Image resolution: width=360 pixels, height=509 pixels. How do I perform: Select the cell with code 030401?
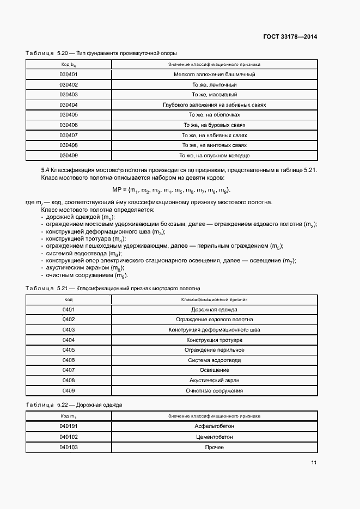click(x=69, y=74)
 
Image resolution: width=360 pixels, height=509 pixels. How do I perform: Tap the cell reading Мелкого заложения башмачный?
click(x=214, y=74)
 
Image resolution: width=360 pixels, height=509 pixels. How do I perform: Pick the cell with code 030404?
click(x=69, y=105)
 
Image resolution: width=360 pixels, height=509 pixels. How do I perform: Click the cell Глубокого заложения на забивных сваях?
click(x=214, y=105)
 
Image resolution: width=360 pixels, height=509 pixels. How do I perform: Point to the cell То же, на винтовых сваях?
click(x=214, y=145)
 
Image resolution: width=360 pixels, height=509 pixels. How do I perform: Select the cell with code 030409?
click(x=69, y=155)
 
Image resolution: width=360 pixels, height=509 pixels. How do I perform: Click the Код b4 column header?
click(x=69, y=64)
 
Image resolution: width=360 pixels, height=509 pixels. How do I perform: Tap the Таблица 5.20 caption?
click(x=101, y=53)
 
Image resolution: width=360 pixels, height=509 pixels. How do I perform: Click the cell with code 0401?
click(x=69, y=309)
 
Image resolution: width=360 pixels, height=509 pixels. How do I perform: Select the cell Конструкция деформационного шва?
click(x=214, y=330)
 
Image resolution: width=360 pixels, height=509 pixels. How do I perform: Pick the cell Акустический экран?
click(x=214, y=381)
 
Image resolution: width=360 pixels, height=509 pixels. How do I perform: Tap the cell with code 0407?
click(x=69, y=370)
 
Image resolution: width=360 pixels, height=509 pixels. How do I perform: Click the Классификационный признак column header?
click(x=214, y=299)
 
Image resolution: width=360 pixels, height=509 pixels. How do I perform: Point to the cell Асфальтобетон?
click(x=214, y=426)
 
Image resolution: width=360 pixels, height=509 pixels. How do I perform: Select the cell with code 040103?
click(x=69, y=447)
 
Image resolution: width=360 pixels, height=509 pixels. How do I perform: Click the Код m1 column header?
click(x=69, y=416)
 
